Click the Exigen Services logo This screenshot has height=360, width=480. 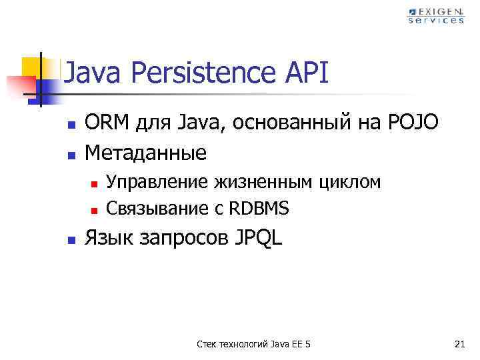click(436, 15)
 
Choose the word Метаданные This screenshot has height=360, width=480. click(145, 153)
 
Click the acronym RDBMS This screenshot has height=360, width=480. click(259, 209)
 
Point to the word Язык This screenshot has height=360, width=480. click(105, 239)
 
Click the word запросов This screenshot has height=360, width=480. click(181, 239)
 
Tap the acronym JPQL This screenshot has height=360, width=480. click(259, 239)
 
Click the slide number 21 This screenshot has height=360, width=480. click(459, 344)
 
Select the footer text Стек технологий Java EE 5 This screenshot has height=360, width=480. click(254, 344)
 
